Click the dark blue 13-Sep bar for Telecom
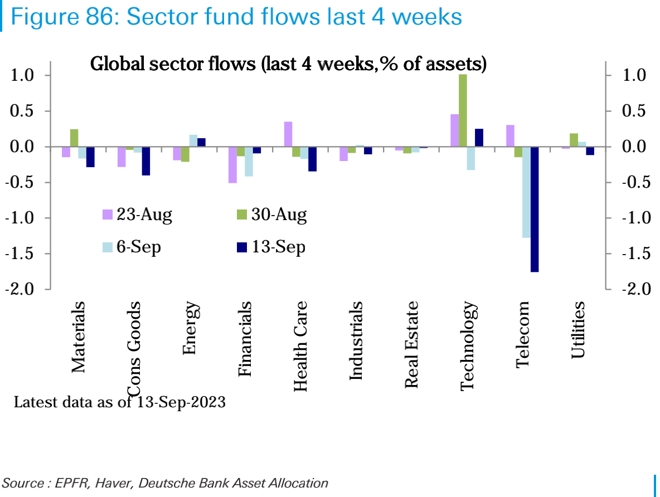click(x=535, y=209)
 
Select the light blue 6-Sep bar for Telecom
click(x=526, y=192)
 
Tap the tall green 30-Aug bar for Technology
click(x=463, y=110)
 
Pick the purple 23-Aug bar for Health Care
click(x=288, y=134)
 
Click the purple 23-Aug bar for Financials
click(x=232, y=165)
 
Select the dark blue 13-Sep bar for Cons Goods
click(x=146, y=161)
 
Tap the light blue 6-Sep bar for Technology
click(x=470, y=158)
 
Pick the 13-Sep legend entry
click(x=271, y=247)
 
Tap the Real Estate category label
click(x=411, y=344)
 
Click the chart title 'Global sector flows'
click(x=289, y=64)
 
